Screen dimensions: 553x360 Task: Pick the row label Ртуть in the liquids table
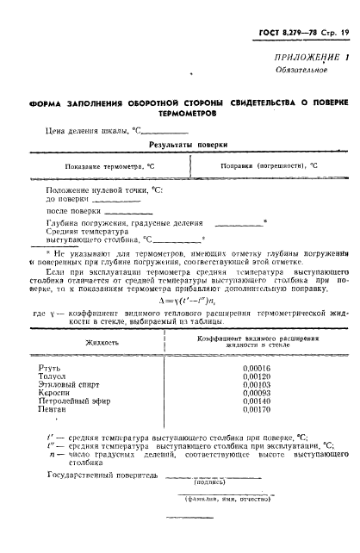pos(63,367)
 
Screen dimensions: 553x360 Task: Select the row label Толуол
pos(66,377)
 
